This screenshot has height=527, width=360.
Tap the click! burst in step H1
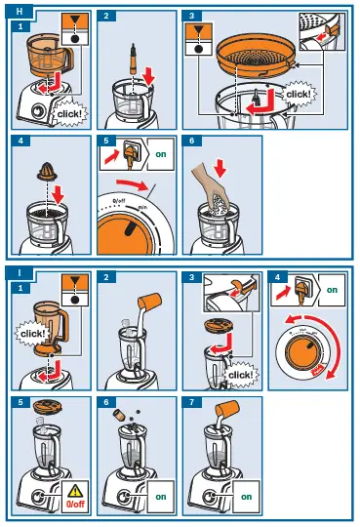pyautogui.click(x=66, y=112)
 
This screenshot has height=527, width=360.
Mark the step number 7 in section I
pyautogui.click(x=193, y=402)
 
